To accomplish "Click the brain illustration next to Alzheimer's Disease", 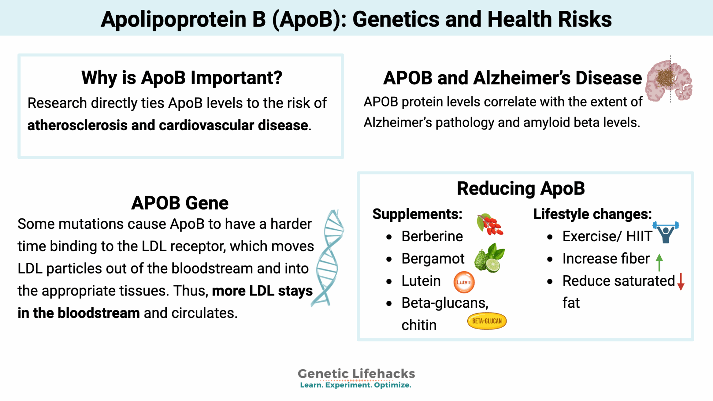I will [x=668, y=81].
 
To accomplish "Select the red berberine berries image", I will [x=490, y=225].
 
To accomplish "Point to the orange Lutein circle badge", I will [x=464, y=282].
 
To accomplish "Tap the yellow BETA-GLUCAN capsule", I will [x=487, y=321].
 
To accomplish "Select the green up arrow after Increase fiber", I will [x=659, y=262].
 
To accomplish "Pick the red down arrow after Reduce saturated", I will [x=681, y=281].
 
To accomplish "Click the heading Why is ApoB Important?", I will [x=181, y=77].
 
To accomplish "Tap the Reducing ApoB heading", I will [x=520, y=188].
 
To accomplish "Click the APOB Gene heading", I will [x=180, y=203].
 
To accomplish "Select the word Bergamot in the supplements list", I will [x=433, y=259].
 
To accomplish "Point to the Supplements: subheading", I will [x=417, y=214].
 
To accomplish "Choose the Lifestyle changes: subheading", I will [x=592, y=214].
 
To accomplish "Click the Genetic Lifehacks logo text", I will [x=356, y=374].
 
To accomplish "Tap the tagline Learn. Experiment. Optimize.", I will [x=355, y=385].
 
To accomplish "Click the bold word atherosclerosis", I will [x=77, y=125].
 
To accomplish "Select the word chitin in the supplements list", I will [x=419, y=325].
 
